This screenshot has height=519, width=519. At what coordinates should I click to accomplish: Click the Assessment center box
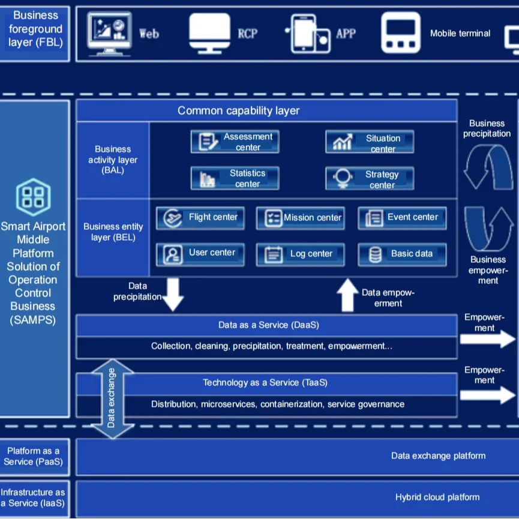point(235,142)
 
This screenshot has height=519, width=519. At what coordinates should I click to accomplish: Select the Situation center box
point(370,142)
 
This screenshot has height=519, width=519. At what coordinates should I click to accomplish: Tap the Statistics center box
point(235,178)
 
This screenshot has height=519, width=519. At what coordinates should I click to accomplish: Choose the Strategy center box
point(370,179)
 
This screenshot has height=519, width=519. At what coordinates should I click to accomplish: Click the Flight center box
point(200,218)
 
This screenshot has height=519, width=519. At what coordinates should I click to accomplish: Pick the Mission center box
point(300,218)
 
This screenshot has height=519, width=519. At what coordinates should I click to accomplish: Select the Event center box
point(402,218)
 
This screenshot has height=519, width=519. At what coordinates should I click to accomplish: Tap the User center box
point(200,254)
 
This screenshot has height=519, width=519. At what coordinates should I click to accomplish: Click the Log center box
point(300,254)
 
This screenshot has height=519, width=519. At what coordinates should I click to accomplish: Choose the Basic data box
point(402,254)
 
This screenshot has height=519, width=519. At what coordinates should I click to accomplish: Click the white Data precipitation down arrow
point(173,293)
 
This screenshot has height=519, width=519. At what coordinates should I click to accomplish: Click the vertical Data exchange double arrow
point(111,398)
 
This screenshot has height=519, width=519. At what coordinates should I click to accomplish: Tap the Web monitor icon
point(109,33)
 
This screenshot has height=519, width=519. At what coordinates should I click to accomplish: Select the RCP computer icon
point(209,33)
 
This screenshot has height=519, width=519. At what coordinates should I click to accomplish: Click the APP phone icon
point(310,34)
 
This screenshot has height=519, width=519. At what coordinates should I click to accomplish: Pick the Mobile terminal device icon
point(401,33)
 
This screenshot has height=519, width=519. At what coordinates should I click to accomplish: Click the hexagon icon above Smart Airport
point(33,197)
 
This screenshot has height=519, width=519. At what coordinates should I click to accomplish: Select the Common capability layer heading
point(238,111)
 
